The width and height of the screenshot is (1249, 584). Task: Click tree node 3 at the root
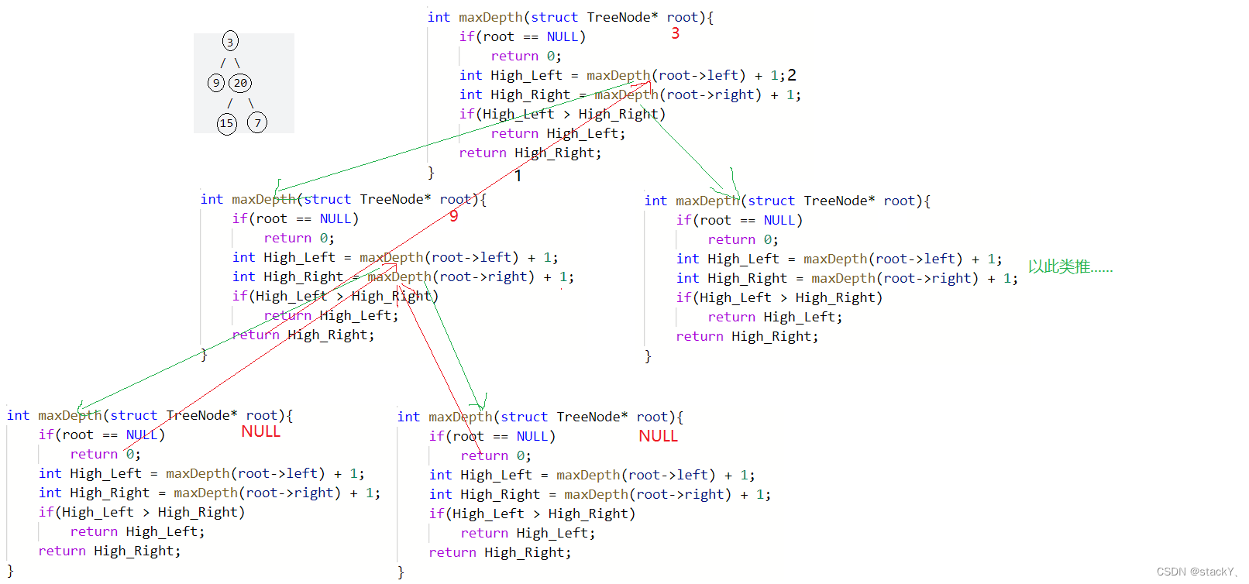[x=230, y=42]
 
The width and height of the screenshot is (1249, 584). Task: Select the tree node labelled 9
[x=216, y=83]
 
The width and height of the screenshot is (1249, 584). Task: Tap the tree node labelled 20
[x=240, y=83]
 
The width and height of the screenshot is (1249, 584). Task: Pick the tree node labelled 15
[x=226, y=123]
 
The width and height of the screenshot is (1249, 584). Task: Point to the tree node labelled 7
[x=257, y=122]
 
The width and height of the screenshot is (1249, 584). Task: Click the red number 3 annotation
[x=675, y=33]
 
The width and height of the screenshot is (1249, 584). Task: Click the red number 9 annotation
[x=453, y=216]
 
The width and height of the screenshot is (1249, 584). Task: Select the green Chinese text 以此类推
[x=1069, y=267]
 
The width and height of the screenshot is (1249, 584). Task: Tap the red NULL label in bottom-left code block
[x=260, y=431]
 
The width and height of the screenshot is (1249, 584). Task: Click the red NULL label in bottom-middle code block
[x=658, y=436]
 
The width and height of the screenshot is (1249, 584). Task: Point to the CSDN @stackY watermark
[x=1196, y=572]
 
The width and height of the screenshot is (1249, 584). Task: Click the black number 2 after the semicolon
[x=792, y=75]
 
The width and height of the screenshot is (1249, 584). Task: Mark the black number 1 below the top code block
[x=518, y=176]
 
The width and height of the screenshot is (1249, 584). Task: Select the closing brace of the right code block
[x=648, y=356]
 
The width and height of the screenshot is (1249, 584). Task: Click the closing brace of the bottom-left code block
[x=10, y=570]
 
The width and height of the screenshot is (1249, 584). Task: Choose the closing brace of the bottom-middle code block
[x=401, y=572]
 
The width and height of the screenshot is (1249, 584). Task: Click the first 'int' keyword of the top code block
[x=439, y=17]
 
